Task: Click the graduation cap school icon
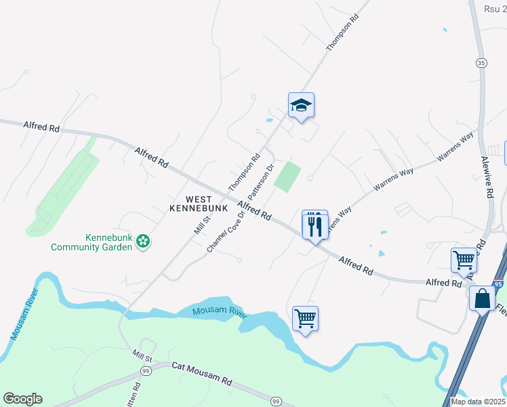301,105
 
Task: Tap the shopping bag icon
482,298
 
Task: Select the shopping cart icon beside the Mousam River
305,318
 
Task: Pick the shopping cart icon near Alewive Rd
464,259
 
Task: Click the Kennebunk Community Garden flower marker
142,241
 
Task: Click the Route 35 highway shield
481,62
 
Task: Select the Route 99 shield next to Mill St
145,370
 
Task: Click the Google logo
22,399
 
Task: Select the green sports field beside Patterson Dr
287,176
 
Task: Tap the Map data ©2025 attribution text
477,401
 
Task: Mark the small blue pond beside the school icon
270,120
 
